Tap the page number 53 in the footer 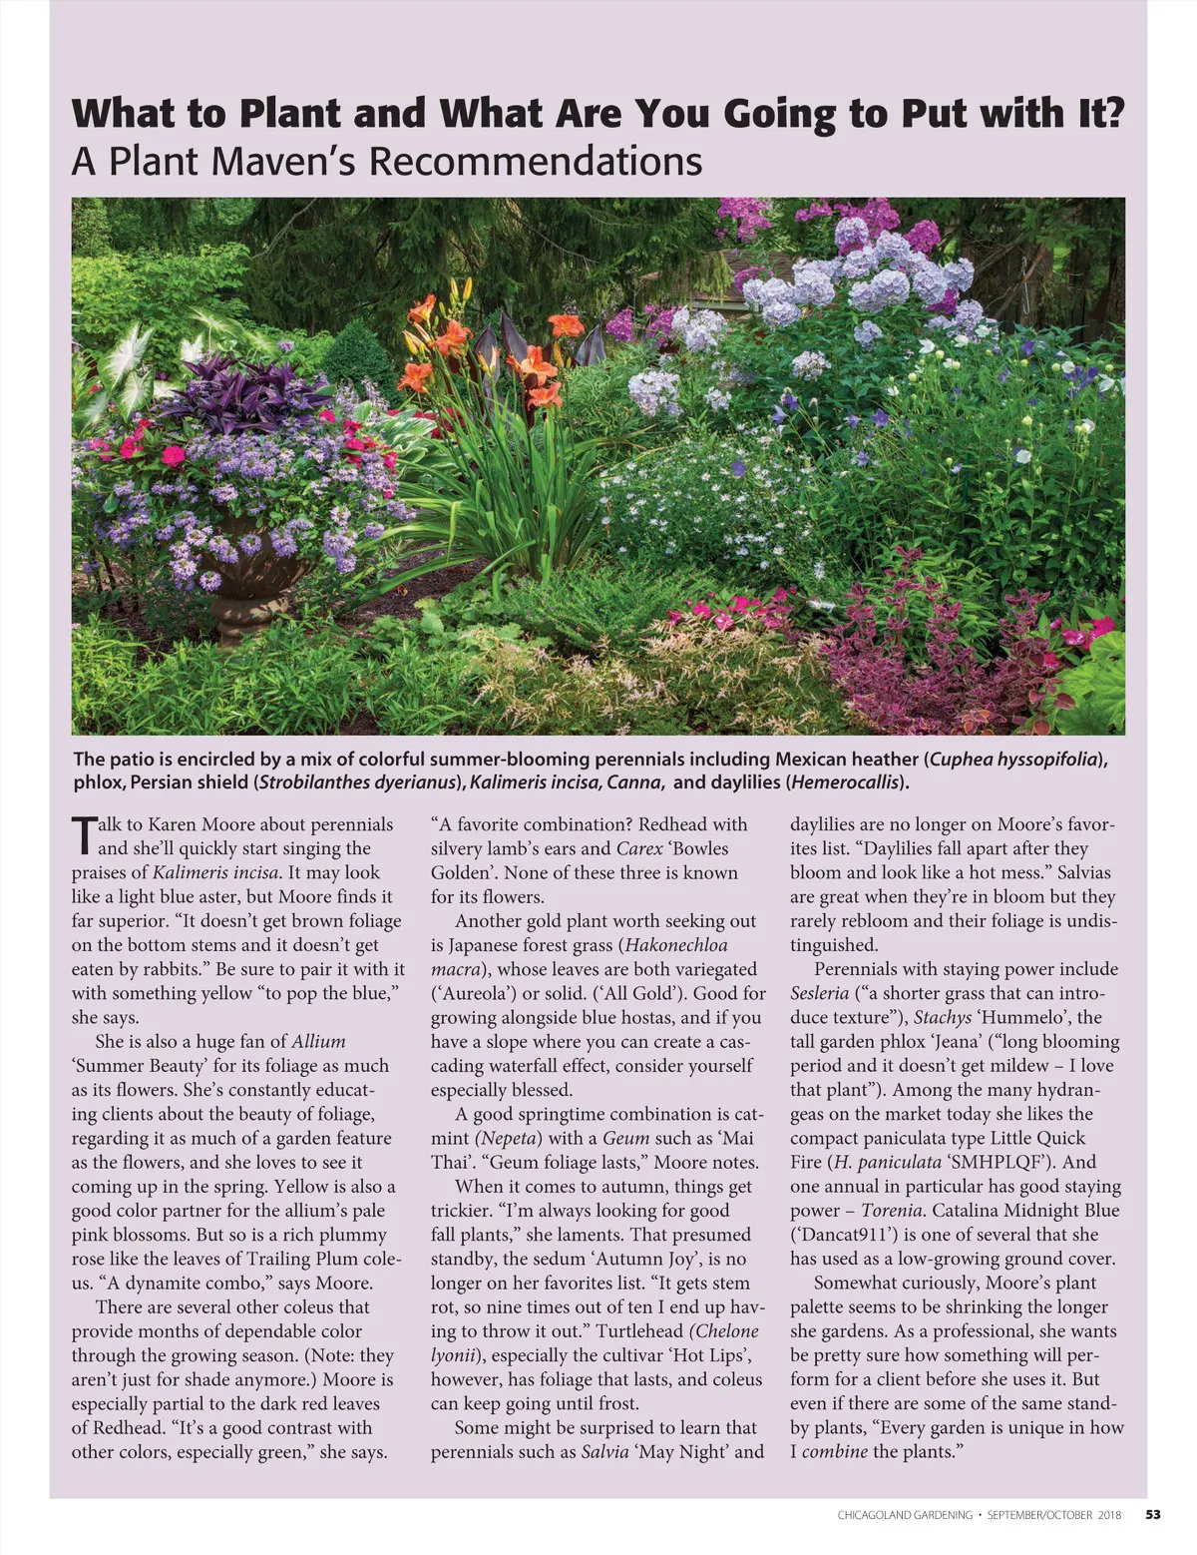1152,1514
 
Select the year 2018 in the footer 1108,1515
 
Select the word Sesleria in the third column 819,993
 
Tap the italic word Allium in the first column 318,1041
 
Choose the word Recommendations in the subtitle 536,162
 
